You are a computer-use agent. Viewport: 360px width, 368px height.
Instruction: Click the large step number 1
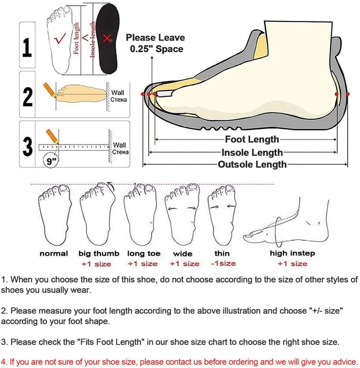coord(27,48)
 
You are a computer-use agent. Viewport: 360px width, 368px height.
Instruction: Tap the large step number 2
coord(27,97)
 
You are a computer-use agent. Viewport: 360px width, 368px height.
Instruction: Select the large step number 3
coord(27,147)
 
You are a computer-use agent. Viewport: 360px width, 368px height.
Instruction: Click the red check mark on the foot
coord(60,39)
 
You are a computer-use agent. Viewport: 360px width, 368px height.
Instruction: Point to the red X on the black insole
coord(107,38)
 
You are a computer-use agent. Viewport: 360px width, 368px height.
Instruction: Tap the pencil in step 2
coord(50,90)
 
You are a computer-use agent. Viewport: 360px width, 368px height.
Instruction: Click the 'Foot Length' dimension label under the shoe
coord(252,139)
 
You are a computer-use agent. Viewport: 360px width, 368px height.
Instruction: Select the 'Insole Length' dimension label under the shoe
coord(252,153)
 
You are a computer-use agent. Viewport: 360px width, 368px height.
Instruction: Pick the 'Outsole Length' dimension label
coord(252,164)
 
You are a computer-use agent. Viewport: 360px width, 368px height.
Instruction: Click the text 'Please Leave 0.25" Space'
coord(155,43)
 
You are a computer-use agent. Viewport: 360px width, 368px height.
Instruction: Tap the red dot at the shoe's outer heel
coord(348,94)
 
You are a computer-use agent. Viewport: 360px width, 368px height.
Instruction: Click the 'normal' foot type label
coord(54,253)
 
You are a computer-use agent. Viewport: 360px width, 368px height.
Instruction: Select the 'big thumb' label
coord(99,254)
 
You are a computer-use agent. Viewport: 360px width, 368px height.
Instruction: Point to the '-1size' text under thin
coord(224,263)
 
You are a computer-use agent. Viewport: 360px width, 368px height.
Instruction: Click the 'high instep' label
coord(292,253)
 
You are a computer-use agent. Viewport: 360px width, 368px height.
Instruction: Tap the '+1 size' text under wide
coord(185,264)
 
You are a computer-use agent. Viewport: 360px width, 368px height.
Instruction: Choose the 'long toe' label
coord(144,254)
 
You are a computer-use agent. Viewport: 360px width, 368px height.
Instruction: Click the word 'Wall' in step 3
coord(119,145)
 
